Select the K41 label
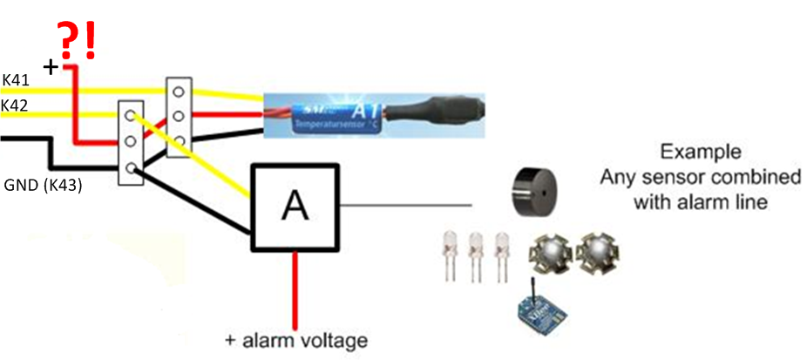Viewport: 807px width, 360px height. [x=17, y=80]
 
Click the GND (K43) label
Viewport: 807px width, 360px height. [x=44, y=185]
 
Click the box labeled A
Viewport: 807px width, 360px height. [x=295, y=206]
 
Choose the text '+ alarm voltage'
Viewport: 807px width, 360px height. [x=296, y=340]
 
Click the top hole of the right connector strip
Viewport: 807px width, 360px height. [x=180, y=91]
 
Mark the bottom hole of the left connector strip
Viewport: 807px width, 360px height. [x=131, y=167]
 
